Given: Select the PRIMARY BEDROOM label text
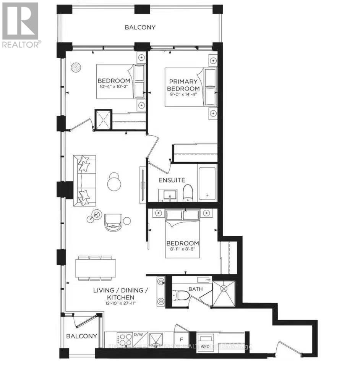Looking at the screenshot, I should (x=183, y=84).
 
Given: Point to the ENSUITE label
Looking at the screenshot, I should (x=172, y=180).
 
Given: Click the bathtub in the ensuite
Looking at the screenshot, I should (x=207, y=183).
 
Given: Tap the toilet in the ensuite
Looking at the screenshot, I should (x=188, y=193).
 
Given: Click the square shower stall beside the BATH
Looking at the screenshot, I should (x=224, y=294).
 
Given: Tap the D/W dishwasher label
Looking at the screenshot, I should (x=138, y=335).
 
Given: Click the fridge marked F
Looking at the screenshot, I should (x=181, y=339).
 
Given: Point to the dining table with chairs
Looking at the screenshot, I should (x=95, y=268).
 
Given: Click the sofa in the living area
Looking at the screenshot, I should (x=84, y=180).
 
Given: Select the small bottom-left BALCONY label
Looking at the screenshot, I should (x=81, y=336).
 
